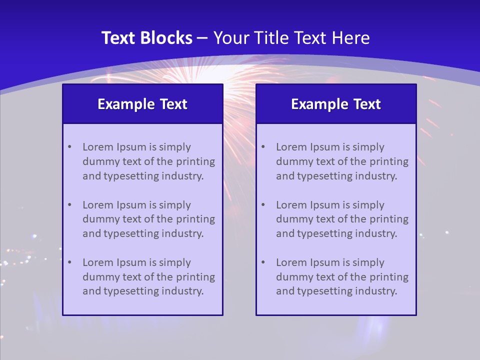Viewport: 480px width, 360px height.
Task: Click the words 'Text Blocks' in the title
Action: coord(146,38)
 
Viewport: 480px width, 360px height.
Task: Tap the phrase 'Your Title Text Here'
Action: coord(291,38)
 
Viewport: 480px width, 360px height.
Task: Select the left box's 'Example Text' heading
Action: coord(142,104)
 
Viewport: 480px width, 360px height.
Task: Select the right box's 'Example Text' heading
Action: coord(336,104)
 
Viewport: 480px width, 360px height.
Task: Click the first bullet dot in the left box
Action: coord(69,147)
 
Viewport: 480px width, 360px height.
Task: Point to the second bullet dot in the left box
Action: coord(69,205)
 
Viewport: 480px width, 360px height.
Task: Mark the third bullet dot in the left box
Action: coord(69,262)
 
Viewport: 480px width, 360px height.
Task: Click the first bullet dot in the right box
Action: coord(263,147)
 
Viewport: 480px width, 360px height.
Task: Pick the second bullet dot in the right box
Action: coord(263,205)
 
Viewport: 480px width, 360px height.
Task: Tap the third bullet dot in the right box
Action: coord(263,262)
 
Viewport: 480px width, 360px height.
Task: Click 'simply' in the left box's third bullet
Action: coord(174,262)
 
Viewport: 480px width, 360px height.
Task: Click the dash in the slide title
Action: coord(202,38)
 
